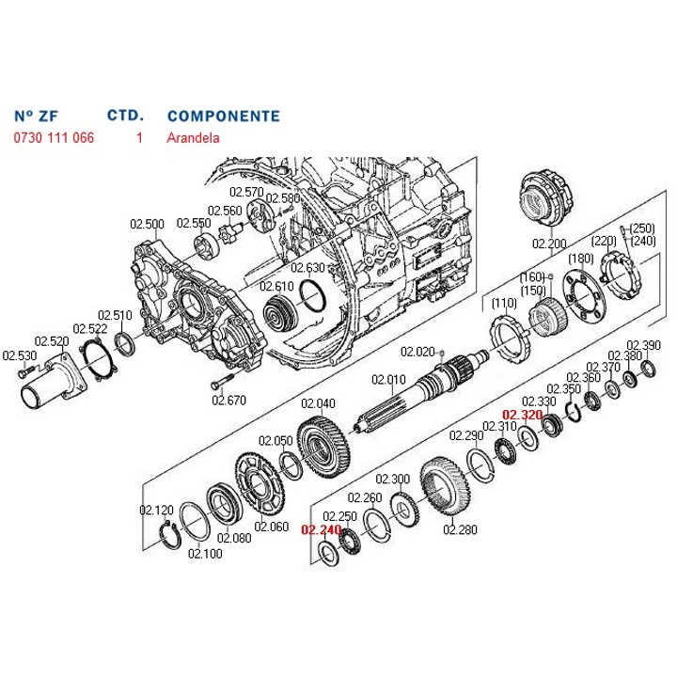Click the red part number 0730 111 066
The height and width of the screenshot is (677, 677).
(x=54, y=137)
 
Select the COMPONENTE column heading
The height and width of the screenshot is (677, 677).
(x=223, y=117)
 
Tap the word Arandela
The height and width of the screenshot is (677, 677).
(x=193, y=137)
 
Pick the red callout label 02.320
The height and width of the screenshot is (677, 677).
(x=522, y=415)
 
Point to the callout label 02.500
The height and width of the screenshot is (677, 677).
(x=147, y=224)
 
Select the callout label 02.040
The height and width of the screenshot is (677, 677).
(x=319, y=403)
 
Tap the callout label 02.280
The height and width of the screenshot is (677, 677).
(x=460, y=530)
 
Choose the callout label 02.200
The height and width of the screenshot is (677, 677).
(x=551, y=244)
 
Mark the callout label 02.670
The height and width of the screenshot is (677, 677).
(x=228, y=400)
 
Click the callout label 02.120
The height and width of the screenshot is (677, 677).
(x=157, y=510)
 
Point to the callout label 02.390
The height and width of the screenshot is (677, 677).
(x=644, y=345)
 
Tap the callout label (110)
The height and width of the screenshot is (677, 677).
(x=504, y=303)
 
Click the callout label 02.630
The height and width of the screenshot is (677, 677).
(x=307, y=268)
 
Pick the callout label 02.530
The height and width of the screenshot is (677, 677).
(x=18, y=355)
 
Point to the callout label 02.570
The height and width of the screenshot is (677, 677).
(x=247, y=193)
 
